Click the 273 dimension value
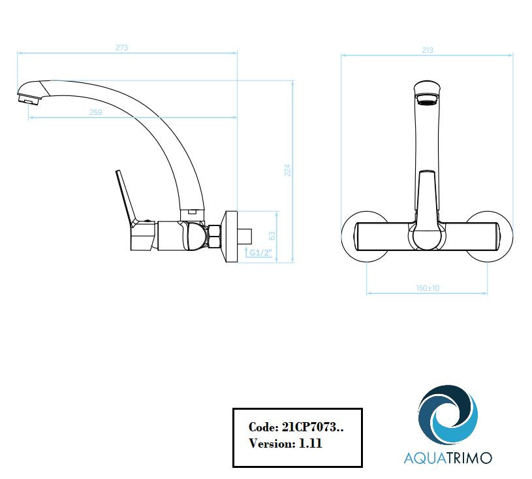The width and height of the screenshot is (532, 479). click(121, 48)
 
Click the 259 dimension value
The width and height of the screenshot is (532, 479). click(96, 112)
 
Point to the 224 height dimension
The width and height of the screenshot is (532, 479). click(288, 170)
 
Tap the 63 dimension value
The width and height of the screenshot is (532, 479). click(272, 236)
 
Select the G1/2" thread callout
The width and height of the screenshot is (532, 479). click(261, 253)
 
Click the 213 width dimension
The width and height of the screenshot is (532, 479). click(428, 50)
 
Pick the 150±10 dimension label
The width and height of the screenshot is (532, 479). click(428, 288)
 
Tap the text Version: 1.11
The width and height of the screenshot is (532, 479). click(285, 443)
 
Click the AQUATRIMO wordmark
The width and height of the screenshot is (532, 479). click(448, 457)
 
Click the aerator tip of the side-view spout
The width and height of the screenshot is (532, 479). click(29, 99)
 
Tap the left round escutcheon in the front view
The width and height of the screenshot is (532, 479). click(365, 237)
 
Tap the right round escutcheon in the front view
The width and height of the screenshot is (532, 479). click(489, 237)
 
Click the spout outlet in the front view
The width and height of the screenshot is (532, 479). click(428, 99)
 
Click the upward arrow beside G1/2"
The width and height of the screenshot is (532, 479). click(247, 252)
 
